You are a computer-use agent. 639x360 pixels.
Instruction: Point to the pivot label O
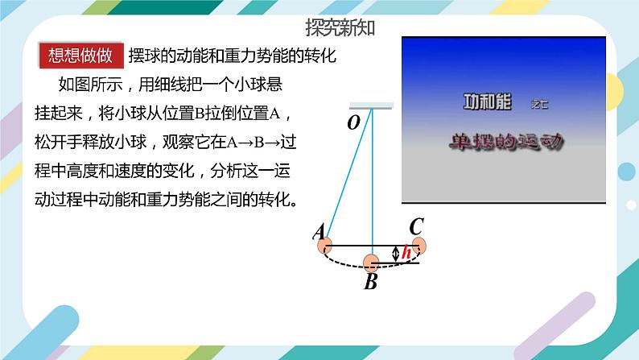pos(352,122)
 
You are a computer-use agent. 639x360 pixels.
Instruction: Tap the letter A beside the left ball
pos(319,233)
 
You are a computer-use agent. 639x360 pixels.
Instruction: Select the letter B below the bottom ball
pos(370,283)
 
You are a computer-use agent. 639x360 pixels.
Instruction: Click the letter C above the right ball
pos(416,227)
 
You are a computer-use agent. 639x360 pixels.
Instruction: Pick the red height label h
pos(406,254)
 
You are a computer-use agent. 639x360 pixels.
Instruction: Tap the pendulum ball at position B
pos(371,263)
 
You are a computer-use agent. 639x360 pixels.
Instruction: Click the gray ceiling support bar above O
pos(371,106)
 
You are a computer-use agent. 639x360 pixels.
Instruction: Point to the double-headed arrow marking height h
pos(395,254)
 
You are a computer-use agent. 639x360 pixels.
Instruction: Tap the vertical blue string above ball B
pos(372,185)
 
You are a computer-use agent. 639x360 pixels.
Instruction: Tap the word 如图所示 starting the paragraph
pos(84,84)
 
